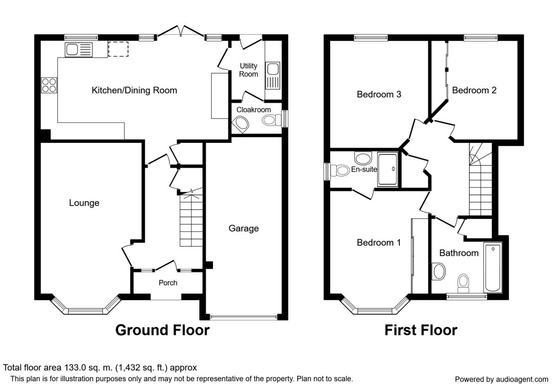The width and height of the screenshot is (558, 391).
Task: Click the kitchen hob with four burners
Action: click(x=49, y=85)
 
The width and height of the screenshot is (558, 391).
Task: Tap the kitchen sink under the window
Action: click(x=79, y=50)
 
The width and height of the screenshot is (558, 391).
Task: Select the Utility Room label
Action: click(x=248, y=70)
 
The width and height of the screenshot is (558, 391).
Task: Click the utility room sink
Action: click(x=272, y=75)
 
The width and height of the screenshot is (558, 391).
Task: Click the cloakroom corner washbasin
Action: click(x=241, y=125)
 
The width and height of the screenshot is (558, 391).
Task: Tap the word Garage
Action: click(x=244, y=229)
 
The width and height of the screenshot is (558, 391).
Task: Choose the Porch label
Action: click(x=168, y=283)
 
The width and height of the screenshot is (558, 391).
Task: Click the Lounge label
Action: click(x=84, y=203)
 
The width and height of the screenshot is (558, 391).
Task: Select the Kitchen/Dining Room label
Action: click(x=134, y=90)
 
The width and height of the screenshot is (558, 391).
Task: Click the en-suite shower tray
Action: click(x=387, y=169)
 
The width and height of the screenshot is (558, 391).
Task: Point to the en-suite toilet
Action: click(x=339, y=170)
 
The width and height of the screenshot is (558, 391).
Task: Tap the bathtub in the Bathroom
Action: click(x=493, y=267)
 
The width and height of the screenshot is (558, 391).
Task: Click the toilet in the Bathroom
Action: click(x=463, y=283)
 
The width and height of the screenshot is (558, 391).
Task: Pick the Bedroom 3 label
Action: click(x=379, y=94)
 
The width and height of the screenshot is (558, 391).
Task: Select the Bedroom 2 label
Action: click(x=474, y=90)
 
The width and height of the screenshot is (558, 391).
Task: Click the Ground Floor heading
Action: click(x=162, y=330)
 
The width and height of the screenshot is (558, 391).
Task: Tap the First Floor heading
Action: click(x=421, y=330)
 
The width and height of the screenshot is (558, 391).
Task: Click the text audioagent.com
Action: click(x=522, y=379)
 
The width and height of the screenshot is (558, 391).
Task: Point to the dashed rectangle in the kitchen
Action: click(x=118, y=49)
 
